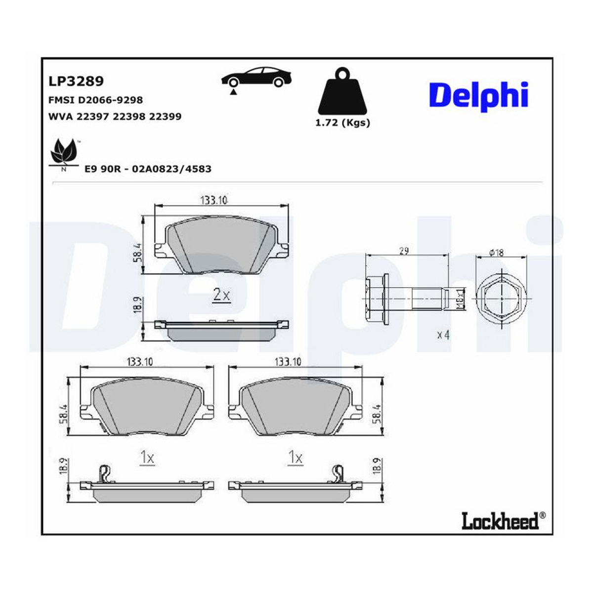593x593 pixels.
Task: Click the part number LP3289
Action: coord(76,82)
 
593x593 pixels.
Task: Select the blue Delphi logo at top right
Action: coord(478,96)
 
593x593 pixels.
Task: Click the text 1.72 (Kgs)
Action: coord(342,123)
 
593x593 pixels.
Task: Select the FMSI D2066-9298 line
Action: coord(96,100)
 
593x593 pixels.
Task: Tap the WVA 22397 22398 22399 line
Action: coord(115,117)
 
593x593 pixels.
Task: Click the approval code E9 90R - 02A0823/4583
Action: coord(148,169)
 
